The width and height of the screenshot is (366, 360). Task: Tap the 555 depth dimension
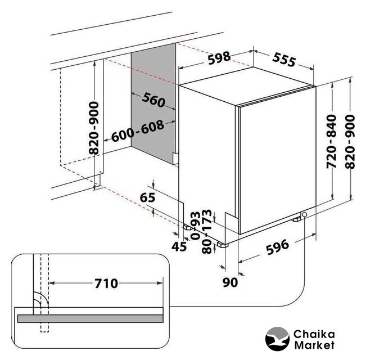pyautogui.click(x=284, y=60)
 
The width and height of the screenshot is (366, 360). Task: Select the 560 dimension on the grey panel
pyautogui.click(x=153, y=100)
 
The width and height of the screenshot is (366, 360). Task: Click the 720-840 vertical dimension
pyautogui.click(x=332, y=142)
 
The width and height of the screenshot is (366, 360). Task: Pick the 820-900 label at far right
pyautogui.click(x=350, y=142)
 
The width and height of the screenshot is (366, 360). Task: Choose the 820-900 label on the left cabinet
pyautogui.click(x=94, y=128)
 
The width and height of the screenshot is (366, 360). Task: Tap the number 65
pyautogui.click(x=147, y=197)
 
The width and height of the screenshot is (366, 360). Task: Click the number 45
pyautogui.click(x=179, y=246)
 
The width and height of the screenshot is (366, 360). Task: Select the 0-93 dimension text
pyautogui.click(x=196, y=226)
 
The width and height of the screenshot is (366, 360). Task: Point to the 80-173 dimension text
pyautogui.click(x=207, y=231)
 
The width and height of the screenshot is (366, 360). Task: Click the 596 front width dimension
pyautogui.click(x=278, y=247)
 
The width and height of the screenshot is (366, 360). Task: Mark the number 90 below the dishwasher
pyautogui.click(x=230, y=282)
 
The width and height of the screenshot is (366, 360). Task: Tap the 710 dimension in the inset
pyautogui.click(x=106, y=283)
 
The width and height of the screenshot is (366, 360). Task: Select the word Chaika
pyautogui.click(x=314, y=334)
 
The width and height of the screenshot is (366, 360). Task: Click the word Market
pyautogui.click(x=314, y=345)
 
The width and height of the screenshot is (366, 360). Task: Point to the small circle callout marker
pyautogui.click(x=304, y=214)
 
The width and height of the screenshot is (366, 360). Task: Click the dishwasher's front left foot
pyautogui.click(x=223, y=245)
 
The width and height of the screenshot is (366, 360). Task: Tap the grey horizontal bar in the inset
pyautogui.click(x=91, y=318)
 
